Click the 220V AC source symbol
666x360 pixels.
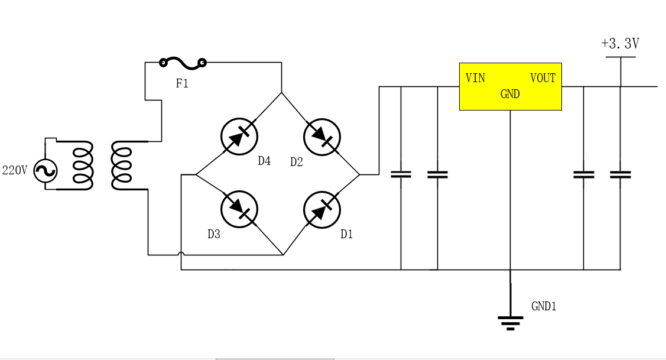tap(46, 171)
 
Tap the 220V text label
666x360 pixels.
tap(15, 171)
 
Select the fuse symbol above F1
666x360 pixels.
tap(183, 61)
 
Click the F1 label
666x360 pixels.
tap(182, 83)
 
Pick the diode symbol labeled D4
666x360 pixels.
tap(239, 137)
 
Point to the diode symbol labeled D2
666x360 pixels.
tap(322, 137)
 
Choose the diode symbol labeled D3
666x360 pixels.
tap(239, 209)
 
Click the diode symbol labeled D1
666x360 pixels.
tap(322, 209)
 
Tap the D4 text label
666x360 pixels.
tap(264, 161)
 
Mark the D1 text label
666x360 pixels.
tap(347, 234)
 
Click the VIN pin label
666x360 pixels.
tap(475, 78)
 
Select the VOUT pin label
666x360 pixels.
tap(542, 78)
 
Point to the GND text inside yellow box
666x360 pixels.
tap(510, 94)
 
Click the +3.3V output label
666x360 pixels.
tap(620, 43)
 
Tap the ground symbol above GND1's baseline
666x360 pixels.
tap(511, 322)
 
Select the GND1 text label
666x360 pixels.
tap(544, 306)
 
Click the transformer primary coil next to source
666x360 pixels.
tap(83, 166)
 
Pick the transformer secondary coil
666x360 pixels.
tap(122, 166)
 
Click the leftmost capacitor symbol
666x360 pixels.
tap(401, 174)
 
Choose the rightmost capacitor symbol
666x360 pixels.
tap(620, 174)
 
